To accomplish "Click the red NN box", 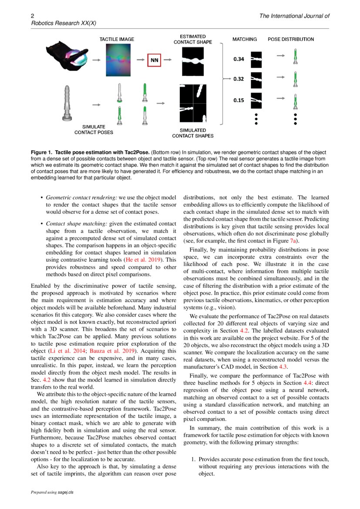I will tap(154, 61).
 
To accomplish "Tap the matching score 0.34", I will tap(238, 59).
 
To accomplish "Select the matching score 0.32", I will tap(238, 79).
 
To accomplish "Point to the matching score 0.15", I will tap(238, 100).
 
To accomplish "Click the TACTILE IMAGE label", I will tap(117, 39).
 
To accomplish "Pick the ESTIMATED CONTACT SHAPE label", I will tap(193, 39).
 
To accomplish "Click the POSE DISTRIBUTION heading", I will tap(290, 39).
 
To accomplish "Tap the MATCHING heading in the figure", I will tap(244, 39).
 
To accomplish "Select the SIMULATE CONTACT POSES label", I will tap(94, 129).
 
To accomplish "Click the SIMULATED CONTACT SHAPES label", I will tap(193, 133).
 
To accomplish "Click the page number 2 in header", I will tap(32, 16).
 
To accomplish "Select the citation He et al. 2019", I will tap(143, 260).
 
